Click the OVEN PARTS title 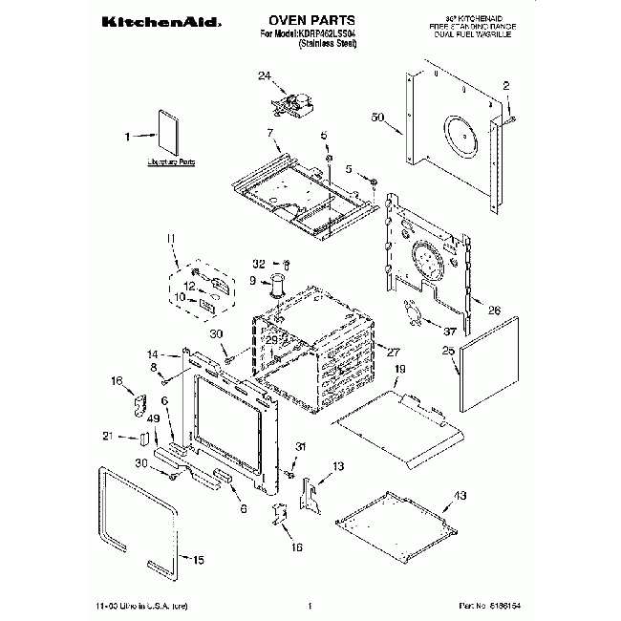click(313, 18)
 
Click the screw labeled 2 click(511, 119)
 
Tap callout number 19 click(400, 369)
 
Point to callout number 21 click(133, 438)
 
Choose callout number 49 click(152, 418)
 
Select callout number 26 click(494, 310)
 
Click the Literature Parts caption click(171, 164)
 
